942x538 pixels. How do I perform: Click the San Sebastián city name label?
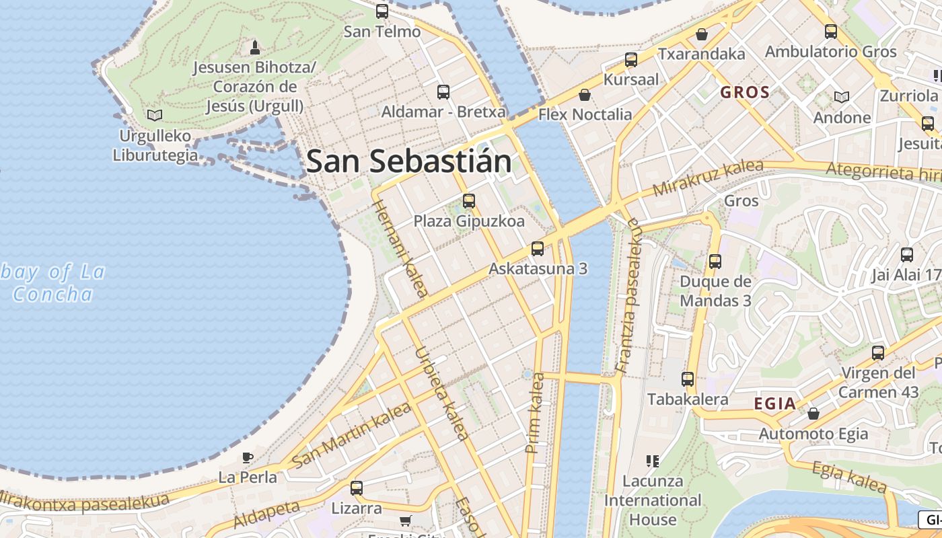(408, 162)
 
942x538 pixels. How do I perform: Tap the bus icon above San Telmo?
(382, 11)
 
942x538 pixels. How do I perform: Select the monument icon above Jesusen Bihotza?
(254, 47)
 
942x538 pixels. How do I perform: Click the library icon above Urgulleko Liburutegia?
(155, 115)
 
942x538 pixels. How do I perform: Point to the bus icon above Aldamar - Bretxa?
(443, 91)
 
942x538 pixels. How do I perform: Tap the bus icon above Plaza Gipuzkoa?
(469, 200)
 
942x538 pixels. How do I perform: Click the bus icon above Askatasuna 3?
(537, 248)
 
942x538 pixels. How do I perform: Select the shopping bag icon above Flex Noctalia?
(585, 95)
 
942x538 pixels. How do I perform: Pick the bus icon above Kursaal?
(630, 60)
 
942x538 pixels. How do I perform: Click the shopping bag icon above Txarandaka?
(702, 34)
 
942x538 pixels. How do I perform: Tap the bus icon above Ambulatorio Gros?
(830, 31)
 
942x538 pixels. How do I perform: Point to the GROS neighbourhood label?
(745, 93)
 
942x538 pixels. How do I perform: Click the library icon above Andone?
(842, 97)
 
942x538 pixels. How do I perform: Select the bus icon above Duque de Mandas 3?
(715, 261)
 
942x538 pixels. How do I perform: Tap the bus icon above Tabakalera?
(687, 379)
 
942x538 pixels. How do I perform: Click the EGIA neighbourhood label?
(775, 404)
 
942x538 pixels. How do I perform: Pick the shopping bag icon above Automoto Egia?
(813, 413)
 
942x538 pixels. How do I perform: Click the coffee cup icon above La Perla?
(248, 457)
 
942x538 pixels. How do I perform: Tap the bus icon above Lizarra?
(356, 488)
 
